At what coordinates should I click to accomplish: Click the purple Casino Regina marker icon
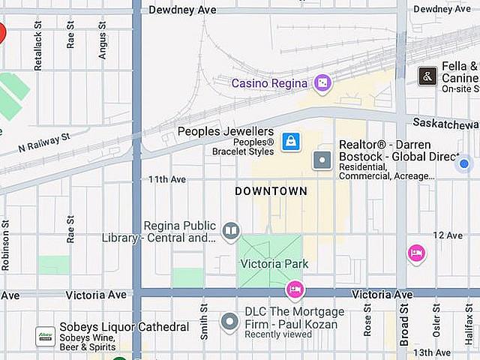click(322, 82)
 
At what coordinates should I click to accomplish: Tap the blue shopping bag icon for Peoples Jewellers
click(290, 140)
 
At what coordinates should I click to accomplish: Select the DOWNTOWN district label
click(271, 191)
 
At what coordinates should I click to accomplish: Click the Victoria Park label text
click(274, 264)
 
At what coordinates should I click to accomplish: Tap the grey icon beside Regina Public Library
click(231, 231)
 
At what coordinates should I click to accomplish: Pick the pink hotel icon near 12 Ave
click(416, 253)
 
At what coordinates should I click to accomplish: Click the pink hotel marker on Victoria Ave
click(295, 289)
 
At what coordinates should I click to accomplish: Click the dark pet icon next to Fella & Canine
click(427, 76)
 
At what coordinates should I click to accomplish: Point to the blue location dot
click(464, 163)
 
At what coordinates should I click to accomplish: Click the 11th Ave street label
click(166, 180)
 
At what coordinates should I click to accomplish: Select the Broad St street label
click(404, 325)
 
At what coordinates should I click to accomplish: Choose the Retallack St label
click(38, 46)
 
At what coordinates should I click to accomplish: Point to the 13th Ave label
click(431, 352)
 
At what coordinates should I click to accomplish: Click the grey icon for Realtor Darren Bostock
click(322, 160)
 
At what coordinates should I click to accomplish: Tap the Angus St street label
click(103, 40)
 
